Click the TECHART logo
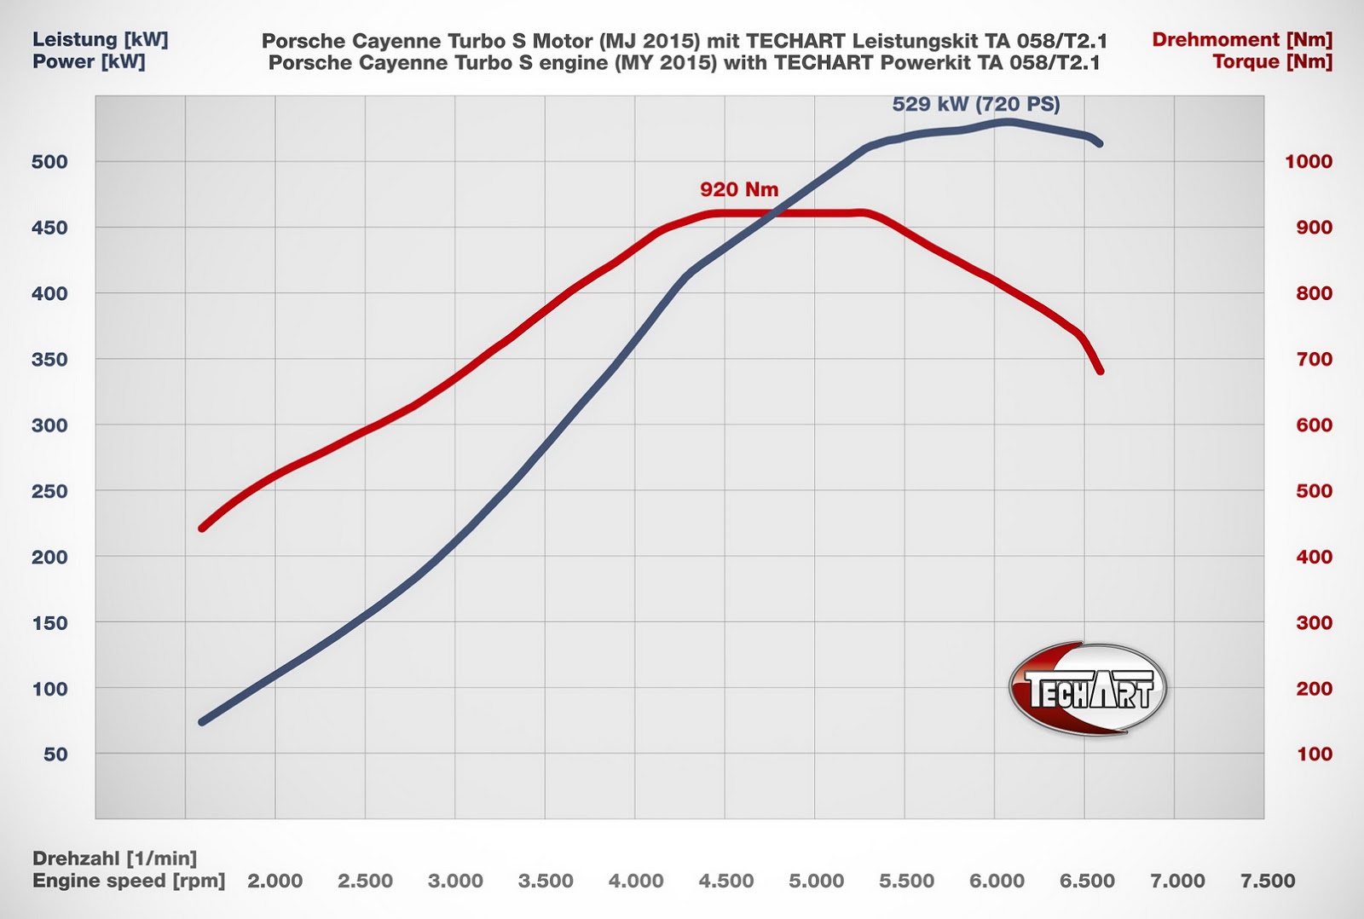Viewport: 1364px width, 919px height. [1088, 689]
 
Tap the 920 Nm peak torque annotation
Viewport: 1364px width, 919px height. [739, 189]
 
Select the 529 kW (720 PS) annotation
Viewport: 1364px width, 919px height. [976, 104]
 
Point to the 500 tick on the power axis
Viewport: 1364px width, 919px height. [49, 162]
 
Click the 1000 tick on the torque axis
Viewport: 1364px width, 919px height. [1309, 162]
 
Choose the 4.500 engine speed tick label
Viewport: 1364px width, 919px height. [725, 881]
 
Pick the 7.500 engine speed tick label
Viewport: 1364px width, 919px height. [1268, 881]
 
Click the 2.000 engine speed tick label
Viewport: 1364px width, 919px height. [275, 881]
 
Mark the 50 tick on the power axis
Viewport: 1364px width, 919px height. [55, 754]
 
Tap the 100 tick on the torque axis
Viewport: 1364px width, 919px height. [1314, 754]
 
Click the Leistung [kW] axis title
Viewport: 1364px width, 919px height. [101, 39]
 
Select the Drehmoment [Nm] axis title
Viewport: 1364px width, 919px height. [1241, 39]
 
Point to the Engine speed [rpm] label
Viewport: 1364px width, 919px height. [129, 881]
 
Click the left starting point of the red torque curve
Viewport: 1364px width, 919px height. [202, 529]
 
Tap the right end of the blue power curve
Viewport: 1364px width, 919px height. [1100, 143]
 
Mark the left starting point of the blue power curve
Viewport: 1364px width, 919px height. [202, 722]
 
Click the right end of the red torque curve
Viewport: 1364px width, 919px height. [1101, 371]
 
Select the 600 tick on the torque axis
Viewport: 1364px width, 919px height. [1314, 425]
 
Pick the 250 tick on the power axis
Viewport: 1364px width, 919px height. [49, 491]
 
